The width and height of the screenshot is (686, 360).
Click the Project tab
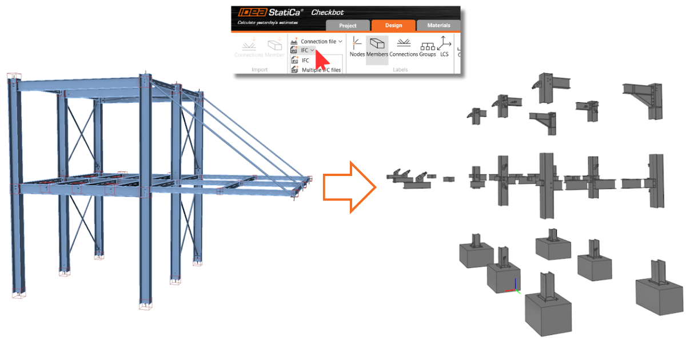click(x=348, y=25)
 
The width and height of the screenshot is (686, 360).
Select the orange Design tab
click(x=393, y=25)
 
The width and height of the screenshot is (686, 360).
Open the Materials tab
click(x=438, y=25)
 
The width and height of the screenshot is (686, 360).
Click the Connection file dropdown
click(x=317, y=42)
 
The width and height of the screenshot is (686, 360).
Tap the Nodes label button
click(x=357, y=47)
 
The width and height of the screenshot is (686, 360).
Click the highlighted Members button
click(x=377, y=47)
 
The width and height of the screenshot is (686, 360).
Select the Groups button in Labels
click(x=428, y=47)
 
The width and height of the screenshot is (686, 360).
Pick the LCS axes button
click(x=444, y=47)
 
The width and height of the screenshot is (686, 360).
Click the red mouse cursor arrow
click(x=321, y=59)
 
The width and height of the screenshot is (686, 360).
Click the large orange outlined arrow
click(x=349, y=187)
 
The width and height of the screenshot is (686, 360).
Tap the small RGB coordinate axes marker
click(x=516, y=287)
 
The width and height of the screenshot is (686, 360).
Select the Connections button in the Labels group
click(x=404, y=47)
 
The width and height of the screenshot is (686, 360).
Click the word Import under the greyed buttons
click(x=260, y=70)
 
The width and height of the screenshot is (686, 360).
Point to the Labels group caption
click(x=400, y=70)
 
